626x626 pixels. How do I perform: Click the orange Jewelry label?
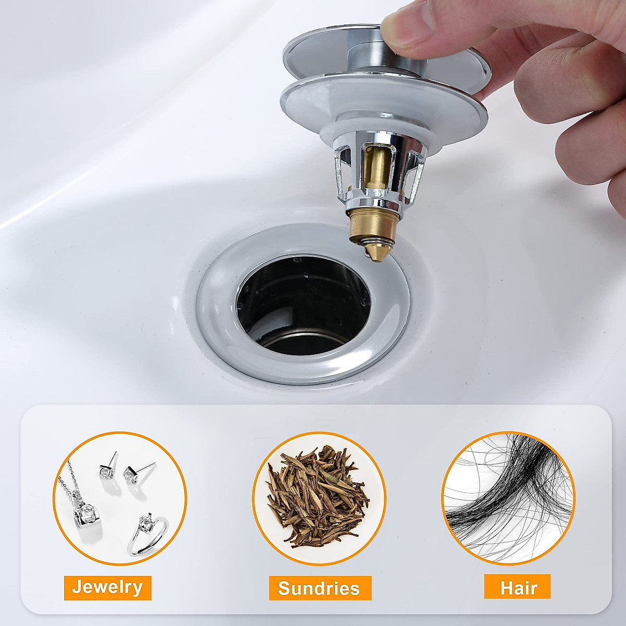tap(107, 587)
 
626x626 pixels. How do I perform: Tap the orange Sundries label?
tap(319, 588)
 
